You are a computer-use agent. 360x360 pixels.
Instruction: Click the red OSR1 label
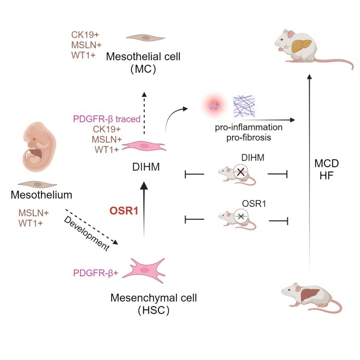tap(124, 210)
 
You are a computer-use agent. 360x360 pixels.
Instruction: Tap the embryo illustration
tap(39, 147)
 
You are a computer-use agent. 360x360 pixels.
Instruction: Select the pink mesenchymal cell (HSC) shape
tap(144, 271)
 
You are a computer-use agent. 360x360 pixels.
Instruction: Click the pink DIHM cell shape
tap(144, 146)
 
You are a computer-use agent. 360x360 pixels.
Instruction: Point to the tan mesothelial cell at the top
tap(145, 37)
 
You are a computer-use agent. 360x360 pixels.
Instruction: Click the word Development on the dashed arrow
tap(87, 233)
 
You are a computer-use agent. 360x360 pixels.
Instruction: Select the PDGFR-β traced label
tap(107, 119)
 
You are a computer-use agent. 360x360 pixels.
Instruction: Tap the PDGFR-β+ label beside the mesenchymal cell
tap(96, 273)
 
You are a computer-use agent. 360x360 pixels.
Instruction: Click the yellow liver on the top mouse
tap(301, 46)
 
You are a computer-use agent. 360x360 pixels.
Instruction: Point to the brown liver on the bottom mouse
tap(310, 295)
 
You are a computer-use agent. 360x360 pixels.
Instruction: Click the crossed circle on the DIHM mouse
tap(241, 172)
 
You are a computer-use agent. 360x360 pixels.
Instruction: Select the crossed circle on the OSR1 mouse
tap(241, 216)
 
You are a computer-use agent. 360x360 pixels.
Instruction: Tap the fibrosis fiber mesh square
tap(244, 106)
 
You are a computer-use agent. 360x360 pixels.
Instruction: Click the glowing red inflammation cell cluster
tap(214, 105)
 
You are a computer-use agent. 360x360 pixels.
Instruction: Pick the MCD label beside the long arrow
tap(326, 164)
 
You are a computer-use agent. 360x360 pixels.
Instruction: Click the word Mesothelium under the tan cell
tap(42, 195)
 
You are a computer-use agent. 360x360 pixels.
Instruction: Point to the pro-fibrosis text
tap(249, 138)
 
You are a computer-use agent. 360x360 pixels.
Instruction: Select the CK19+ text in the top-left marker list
tap(85, 35)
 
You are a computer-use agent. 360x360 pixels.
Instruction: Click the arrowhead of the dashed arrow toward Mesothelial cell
tap(144, 95)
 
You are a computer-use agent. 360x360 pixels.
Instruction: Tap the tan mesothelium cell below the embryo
tap(37, 184)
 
